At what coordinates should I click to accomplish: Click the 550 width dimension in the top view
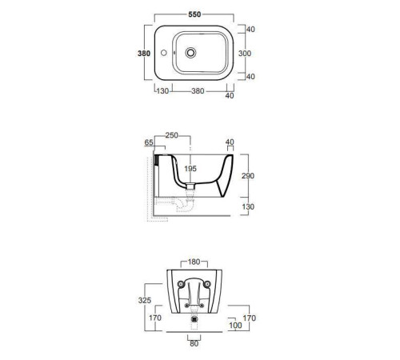point(194,14)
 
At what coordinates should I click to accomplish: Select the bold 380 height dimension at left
point(144,54)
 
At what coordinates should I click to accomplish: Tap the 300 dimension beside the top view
point(245,54)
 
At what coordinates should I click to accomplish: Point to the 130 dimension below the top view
point(162,91)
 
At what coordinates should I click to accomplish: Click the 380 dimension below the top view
point(198,91)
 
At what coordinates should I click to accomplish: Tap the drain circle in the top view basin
point(190,53)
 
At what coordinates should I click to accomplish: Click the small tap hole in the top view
point(164,53)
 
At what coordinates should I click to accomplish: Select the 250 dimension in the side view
point(171,135)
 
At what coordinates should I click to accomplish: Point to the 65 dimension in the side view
point(149,142)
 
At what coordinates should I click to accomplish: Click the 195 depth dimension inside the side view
point(190,169)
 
